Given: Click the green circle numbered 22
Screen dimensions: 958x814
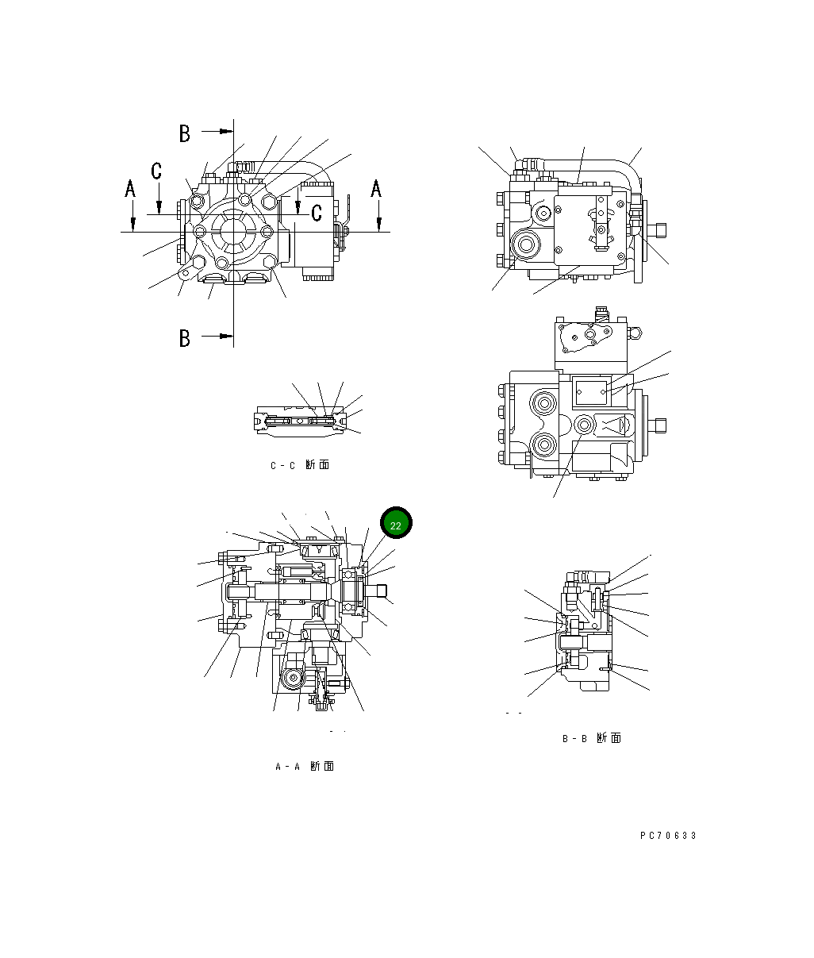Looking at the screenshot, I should coord(396,524).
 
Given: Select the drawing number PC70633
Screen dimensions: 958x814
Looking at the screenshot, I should coord(668,836).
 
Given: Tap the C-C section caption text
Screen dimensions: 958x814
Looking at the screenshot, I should coord(299,465).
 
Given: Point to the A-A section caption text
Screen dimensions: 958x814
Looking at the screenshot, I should coord(304,767).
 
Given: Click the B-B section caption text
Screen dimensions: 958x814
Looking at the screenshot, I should coord(591,739).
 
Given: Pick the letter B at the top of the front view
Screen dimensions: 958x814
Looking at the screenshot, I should coord(185,133).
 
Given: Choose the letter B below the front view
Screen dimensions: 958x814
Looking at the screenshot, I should coord(185,338).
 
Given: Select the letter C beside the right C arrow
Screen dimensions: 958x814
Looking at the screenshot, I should coord(317,212).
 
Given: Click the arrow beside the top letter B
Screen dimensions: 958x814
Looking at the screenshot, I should coord(217,131).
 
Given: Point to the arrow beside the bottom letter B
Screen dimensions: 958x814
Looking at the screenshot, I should coord(217,337).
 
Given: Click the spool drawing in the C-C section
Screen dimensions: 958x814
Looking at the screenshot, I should coord(301,421).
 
